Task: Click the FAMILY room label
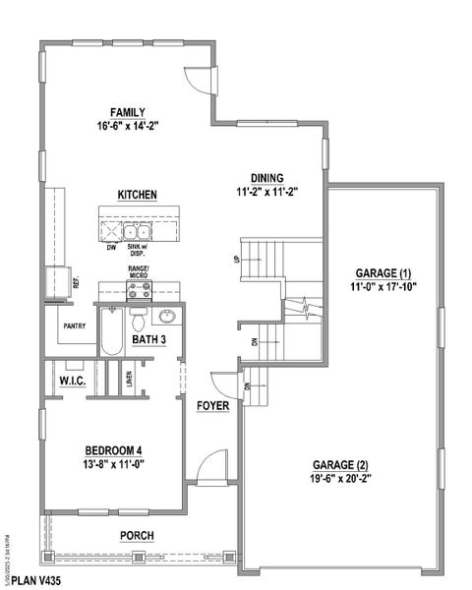128,112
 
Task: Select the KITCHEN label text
138,195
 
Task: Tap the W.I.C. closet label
75,380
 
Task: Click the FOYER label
212,405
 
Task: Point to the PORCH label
137,536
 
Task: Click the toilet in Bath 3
140,320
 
